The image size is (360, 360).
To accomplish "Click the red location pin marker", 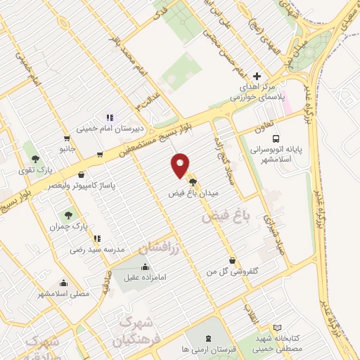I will click(x=181, y=166).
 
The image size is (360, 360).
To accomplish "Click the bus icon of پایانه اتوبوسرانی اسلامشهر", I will click(x=275, y=139).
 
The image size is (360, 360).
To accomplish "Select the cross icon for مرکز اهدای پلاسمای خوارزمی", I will click(x=257, y=76).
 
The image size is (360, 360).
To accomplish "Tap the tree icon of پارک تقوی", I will click(x=30, y=158).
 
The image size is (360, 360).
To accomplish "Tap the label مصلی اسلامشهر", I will click(x=63, y=294).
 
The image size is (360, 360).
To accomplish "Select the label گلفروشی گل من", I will click(x=231, y=271).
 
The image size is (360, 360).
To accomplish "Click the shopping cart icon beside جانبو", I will click(x=66, y=139).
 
